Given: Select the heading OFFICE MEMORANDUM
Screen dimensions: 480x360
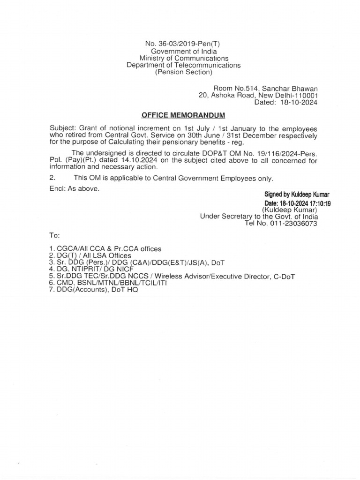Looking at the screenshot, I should [x=183, y=115].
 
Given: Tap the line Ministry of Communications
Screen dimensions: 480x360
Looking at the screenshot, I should [x=183, y=58].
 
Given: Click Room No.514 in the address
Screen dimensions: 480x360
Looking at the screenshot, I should [x=234, y=88].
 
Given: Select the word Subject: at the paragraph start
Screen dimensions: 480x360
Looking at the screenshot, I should [x=63, y=128].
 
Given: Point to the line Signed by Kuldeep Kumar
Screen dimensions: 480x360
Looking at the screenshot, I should [x=291, y=194].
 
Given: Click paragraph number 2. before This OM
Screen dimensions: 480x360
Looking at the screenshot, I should [x=52, y=178].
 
